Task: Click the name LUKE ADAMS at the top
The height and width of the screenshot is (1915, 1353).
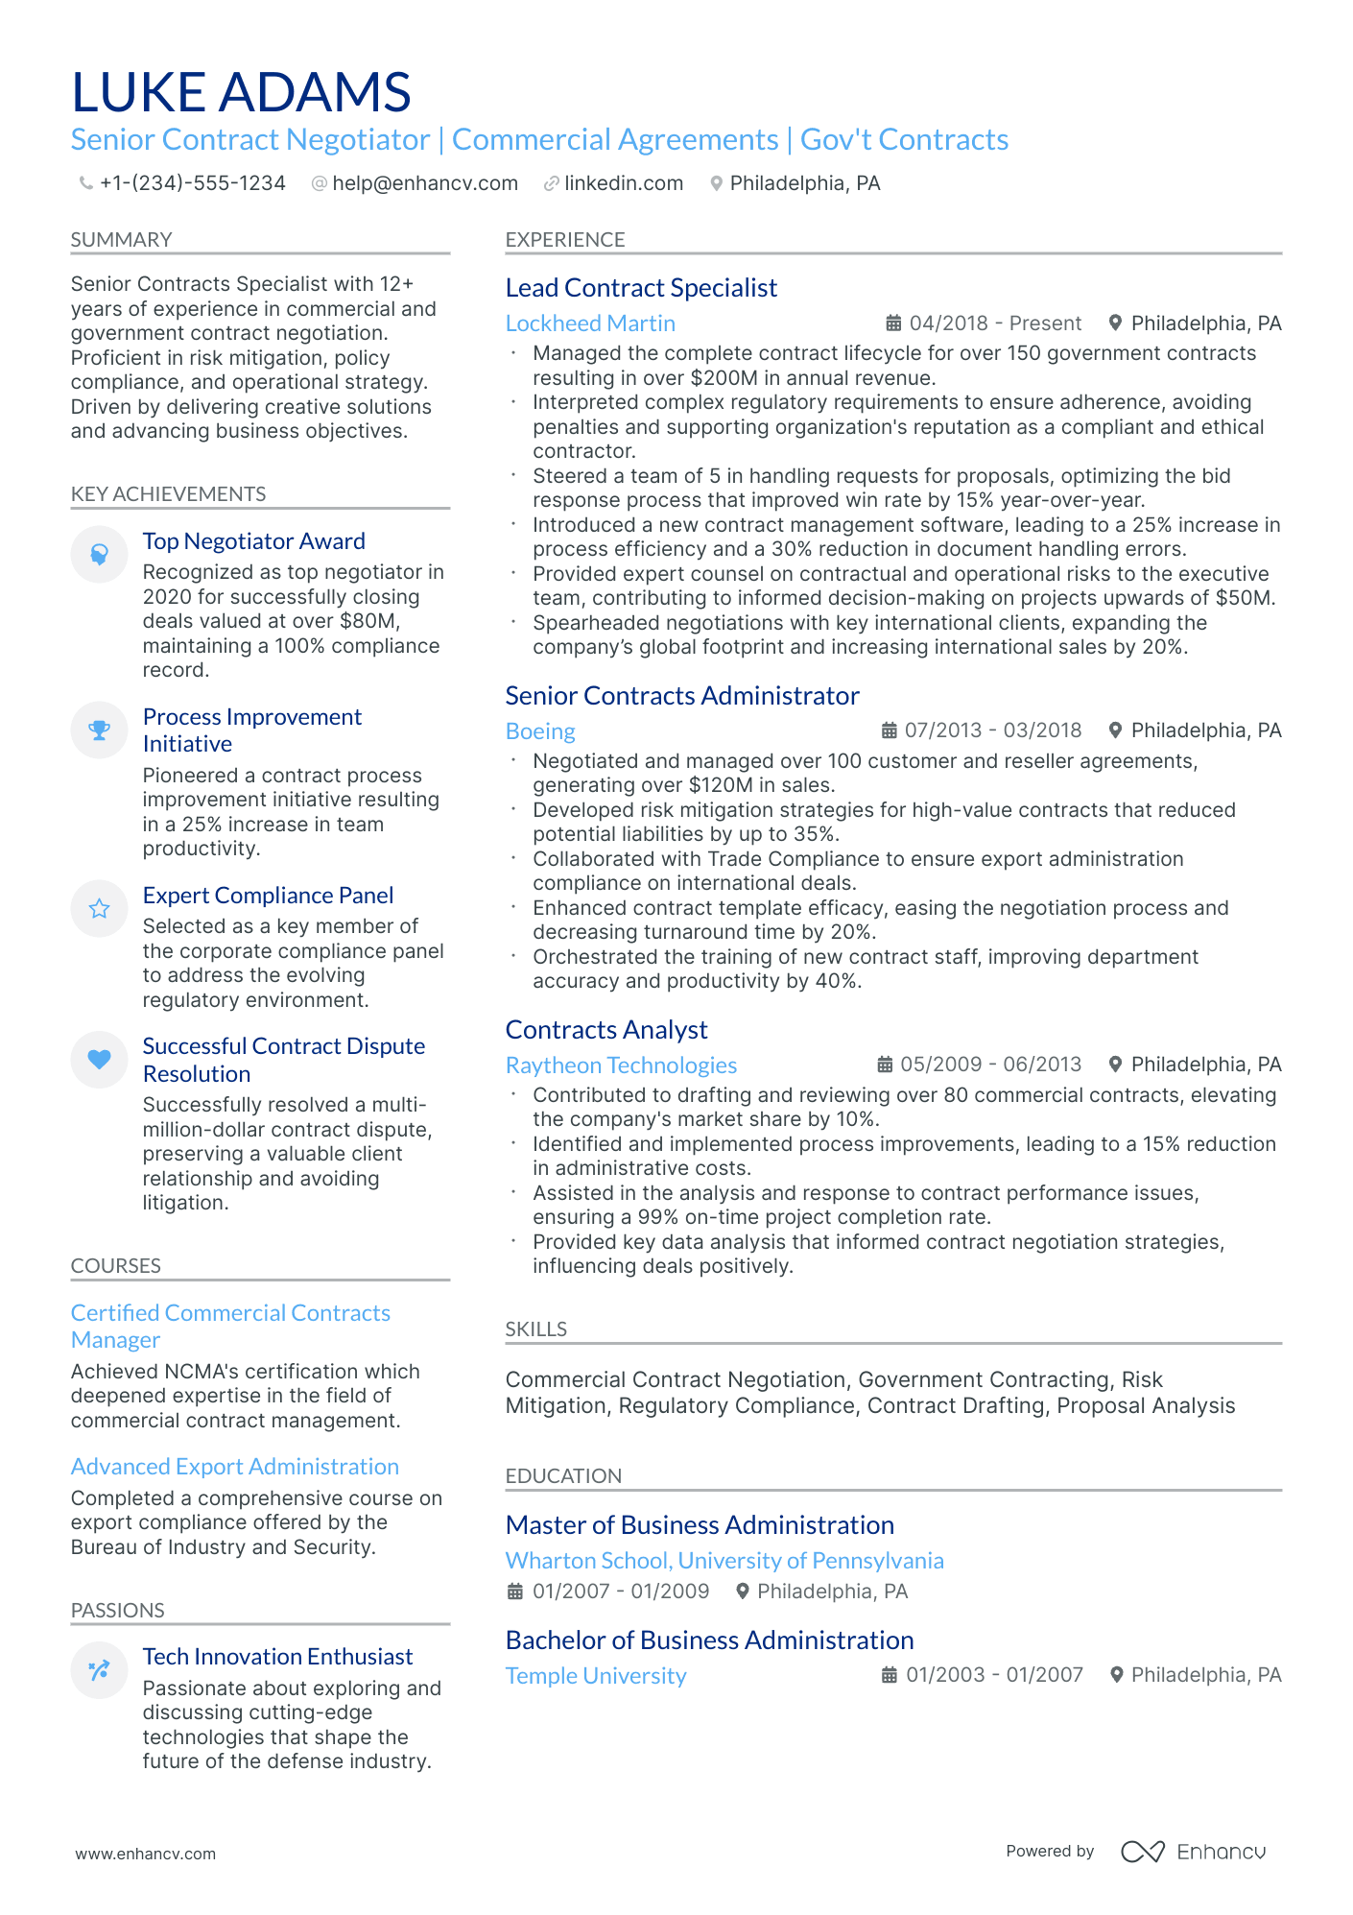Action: click(241, 93)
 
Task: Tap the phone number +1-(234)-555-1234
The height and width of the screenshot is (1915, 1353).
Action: click(192, 183)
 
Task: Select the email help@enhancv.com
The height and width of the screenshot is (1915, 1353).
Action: click(424, 183)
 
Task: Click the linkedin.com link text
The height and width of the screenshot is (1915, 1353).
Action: click(623, 183)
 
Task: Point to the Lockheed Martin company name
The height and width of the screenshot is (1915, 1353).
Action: click(590, 323)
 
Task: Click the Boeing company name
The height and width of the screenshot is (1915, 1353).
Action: click(540, 731)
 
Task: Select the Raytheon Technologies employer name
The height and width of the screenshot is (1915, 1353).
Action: click(621, 1065)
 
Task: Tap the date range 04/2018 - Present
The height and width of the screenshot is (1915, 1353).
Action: click(994, 323)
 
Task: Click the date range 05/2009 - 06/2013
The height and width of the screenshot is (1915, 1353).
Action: click(990, 1065)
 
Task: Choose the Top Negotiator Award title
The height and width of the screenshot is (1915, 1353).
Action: click(253, 541)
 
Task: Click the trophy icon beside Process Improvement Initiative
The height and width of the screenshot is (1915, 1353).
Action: click(99, 730)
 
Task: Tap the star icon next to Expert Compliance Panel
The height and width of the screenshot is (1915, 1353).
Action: click(99, 909)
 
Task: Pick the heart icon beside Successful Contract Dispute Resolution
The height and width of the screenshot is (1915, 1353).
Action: click(99, 1060)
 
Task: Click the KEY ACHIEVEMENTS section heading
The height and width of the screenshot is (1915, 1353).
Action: click(168, 494)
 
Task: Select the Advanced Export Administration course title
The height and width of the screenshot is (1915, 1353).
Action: click(234, 1467)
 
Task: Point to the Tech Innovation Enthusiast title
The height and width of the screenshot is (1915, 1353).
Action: click(277, 1657)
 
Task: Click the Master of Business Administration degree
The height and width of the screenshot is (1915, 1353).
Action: click(700, 1525)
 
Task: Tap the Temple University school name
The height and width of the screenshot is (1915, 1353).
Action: click(596, 1676)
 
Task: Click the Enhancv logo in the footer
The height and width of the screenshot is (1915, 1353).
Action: click(1193, 1852)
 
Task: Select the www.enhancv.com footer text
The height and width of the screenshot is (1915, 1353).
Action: click(146, 1854)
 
